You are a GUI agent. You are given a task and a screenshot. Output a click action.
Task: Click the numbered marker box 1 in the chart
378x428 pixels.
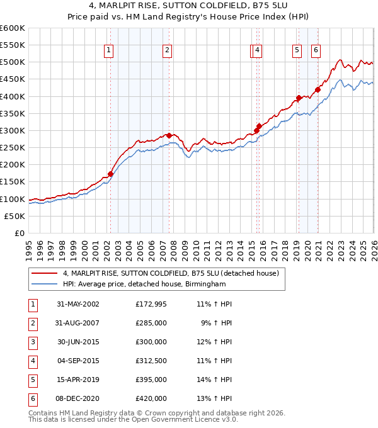point(110,51)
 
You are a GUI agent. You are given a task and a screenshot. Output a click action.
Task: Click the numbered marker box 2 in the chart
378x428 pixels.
point(167,51)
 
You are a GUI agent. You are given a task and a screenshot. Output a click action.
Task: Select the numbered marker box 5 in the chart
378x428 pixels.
point(296,51)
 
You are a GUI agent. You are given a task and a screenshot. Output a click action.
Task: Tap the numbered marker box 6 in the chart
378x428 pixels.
point(315,51)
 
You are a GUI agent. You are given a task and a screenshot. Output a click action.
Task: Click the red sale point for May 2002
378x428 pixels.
point(110,174)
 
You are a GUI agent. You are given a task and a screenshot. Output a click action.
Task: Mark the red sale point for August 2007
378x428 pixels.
point(169,135)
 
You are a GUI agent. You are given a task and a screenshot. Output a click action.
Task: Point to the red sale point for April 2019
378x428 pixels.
point(299,98)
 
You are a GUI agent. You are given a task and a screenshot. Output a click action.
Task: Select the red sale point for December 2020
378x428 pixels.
point(318,89)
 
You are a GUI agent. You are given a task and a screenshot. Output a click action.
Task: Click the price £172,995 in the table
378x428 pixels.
point(151,304)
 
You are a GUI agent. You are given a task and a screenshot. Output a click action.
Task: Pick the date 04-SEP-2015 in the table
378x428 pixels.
point(78,361)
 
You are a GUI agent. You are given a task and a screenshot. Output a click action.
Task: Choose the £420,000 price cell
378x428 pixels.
point(151,398)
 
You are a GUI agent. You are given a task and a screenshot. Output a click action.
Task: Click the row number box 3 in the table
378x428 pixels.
point(32,342)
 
